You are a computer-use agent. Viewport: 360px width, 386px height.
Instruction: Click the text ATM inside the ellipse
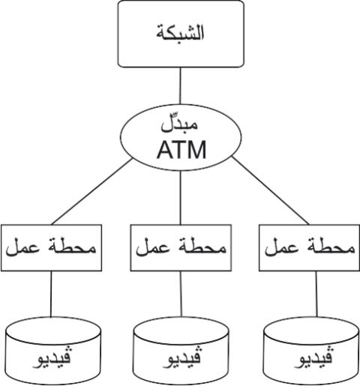click(181, 150)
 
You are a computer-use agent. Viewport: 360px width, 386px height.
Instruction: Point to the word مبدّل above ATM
click(179, 124)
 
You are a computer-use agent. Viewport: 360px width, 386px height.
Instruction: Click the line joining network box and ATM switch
click(180, 85)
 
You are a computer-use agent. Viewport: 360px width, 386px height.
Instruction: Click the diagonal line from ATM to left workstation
click(91, 192)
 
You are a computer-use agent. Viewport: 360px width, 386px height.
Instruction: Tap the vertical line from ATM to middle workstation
click(181, 198)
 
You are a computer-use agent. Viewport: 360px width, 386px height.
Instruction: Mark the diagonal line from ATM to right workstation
click(271, 190)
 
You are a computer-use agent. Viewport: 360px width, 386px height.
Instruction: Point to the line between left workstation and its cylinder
click(51, 294)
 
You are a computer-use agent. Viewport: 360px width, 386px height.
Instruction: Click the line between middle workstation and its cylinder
click(181, 294)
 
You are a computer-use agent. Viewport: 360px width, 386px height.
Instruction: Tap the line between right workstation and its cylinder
click(316, 294)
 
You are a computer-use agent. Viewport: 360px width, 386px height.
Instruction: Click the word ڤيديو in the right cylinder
click(313, 358)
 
